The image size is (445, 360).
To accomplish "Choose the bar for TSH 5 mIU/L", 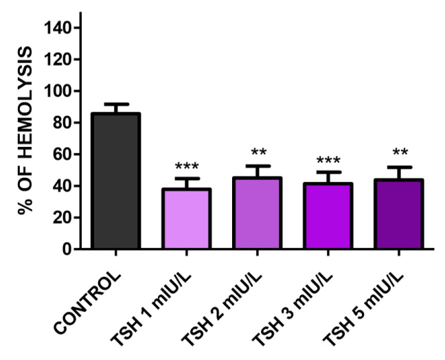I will (x=399, y=214).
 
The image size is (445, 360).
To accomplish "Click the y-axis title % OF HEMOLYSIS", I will (x=26, y=131).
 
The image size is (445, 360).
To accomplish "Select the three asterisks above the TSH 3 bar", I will (x=328, y=161).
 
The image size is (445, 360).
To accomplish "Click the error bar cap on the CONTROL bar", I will (x=115, y=104).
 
